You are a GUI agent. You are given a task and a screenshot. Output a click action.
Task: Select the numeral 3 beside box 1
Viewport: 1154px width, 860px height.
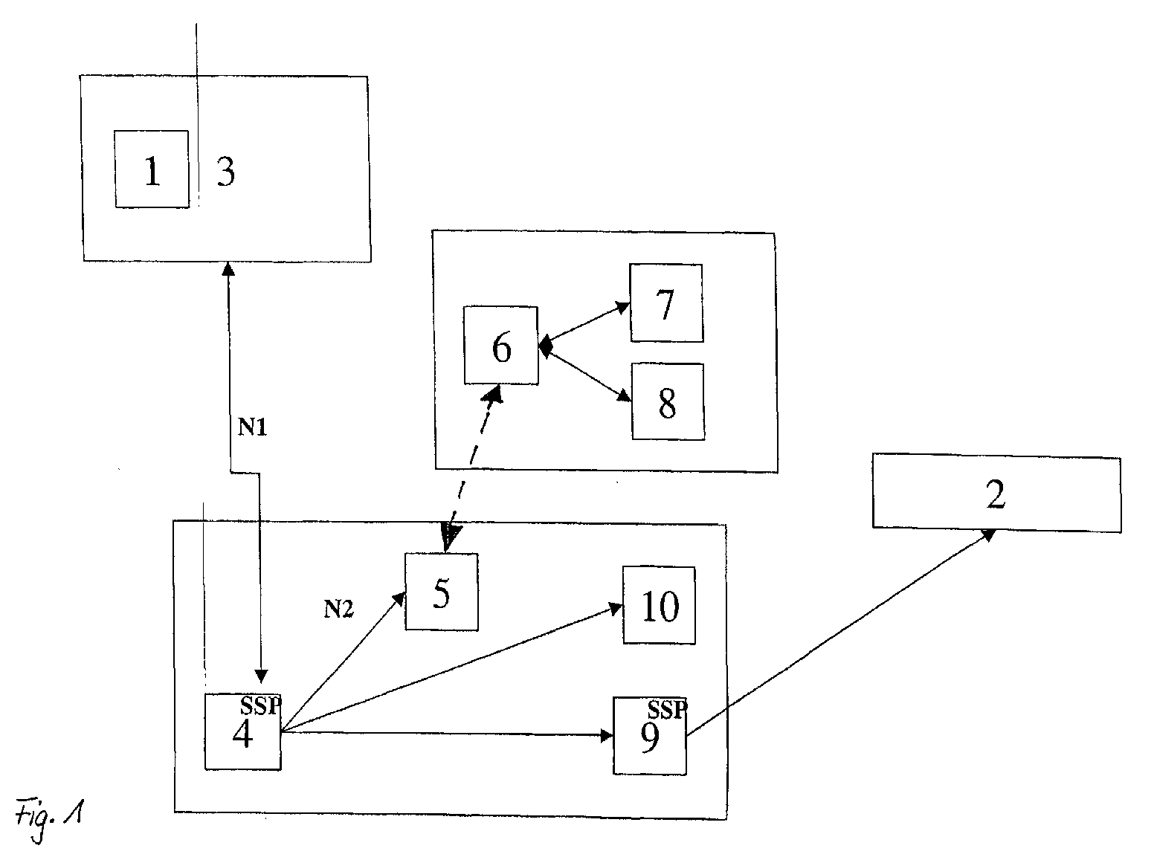coord(226,172)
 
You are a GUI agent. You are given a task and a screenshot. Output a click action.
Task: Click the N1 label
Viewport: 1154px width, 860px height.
coord(252,427)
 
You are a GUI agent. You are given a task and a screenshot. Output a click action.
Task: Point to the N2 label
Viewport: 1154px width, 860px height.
coord(338,609)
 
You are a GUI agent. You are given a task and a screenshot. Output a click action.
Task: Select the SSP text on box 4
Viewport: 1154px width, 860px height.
coord(261,706)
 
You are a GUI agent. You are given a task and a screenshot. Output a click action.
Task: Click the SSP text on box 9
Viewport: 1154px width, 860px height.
coord(668,710)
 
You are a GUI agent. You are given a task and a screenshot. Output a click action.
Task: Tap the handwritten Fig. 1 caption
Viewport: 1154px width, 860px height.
coord(49,818)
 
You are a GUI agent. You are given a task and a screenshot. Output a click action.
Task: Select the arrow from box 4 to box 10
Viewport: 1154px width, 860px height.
coord(452,668)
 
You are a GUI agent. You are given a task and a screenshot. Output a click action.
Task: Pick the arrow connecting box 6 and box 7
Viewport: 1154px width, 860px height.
coord(584,325)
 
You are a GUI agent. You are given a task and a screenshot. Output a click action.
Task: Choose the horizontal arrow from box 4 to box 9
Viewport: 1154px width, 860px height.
coord(448,734)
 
